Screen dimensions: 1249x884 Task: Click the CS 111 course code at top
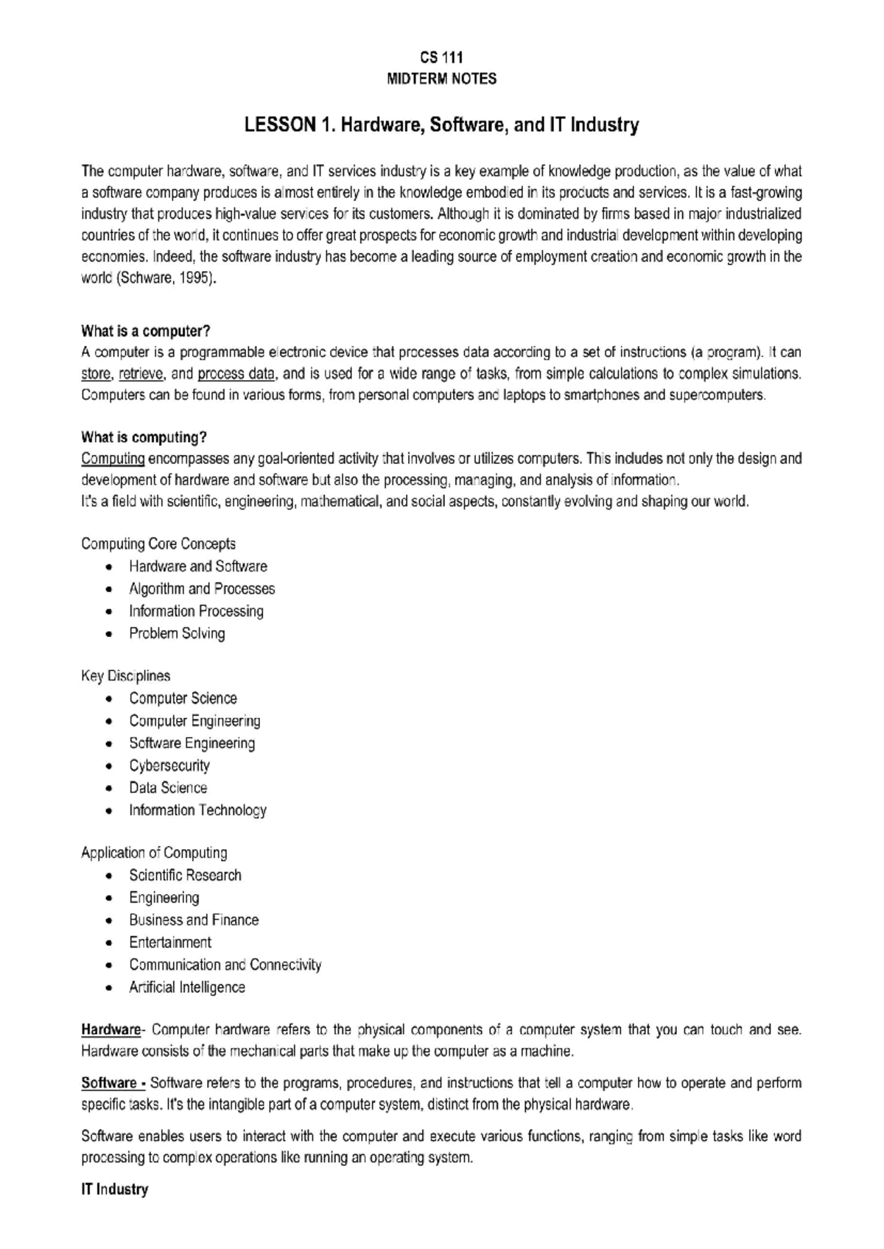[441, 57]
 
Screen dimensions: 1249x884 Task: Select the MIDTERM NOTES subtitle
[441, 79]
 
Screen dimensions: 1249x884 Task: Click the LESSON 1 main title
[441, 125]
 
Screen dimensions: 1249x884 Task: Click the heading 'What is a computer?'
[146, 331]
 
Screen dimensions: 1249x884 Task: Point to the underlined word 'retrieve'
[141, 373]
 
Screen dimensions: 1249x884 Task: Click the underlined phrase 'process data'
[236, 373]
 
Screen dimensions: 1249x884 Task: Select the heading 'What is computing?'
[144, 437]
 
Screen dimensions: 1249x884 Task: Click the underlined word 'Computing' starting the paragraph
[113, 459]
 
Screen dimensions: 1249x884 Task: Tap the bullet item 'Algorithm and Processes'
[202, 588]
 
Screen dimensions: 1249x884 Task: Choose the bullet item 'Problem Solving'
[177, 633]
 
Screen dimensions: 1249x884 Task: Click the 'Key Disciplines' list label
[125, 676]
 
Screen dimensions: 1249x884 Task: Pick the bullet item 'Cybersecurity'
[169, 765]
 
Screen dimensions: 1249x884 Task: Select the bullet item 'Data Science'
[168, 788]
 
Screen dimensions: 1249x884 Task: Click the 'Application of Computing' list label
[154, 853]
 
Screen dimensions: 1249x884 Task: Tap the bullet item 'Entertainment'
[170, 943]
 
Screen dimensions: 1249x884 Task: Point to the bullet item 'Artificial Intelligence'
[187, 987]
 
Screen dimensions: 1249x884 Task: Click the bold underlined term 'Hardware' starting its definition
[110, 1030]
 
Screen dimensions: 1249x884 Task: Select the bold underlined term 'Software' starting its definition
[109, 1083]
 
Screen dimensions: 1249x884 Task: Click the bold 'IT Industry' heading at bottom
[114, 1189]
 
